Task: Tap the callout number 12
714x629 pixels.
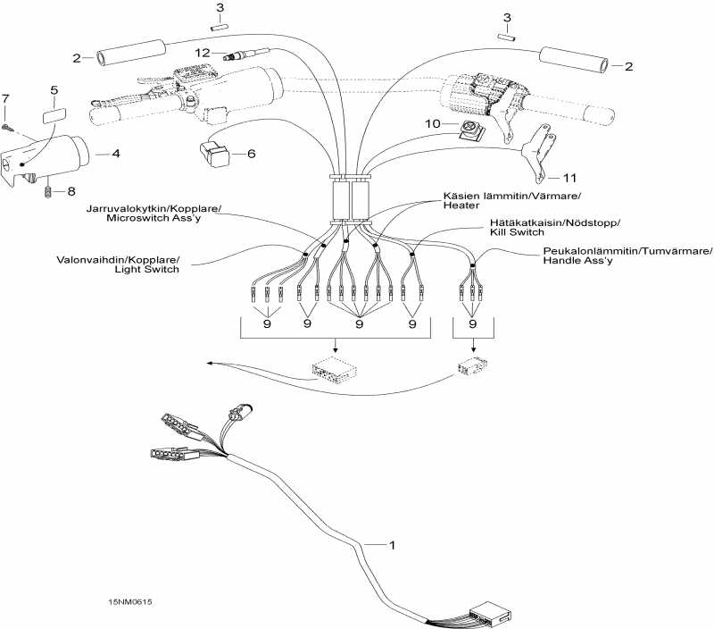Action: (x=204, y=54)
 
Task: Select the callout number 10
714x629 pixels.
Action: (x=435, y=124)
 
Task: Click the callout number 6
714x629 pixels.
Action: (x=251, y=154)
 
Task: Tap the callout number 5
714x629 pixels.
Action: (x=54, y=90)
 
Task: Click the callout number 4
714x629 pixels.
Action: (x=116, y=154)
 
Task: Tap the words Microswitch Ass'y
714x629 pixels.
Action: (x=163, y=219)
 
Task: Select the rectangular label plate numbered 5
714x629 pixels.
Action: (x=54, y=114)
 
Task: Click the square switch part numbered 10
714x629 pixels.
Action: (x=465, y=130)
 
